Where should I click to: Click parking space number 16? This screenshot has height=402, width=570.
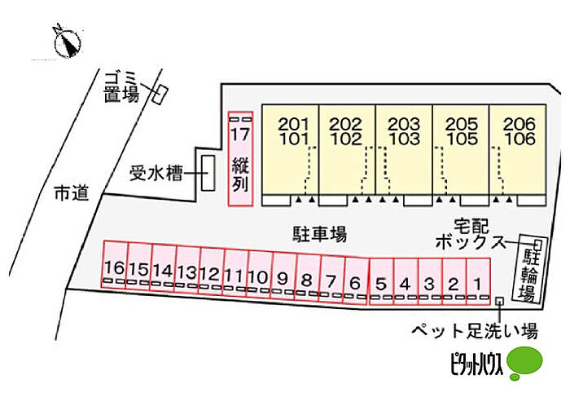coord(114,265)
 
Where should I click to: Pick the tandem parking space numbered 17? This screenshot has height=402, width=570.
coord(240,157)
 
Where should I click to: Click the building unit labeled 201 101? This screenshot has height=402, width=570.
coord(289,151)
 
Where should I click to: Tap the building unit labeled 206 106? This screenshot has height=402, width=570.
coord(519,151)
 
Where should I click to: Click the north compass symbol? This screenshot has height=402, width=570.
coord(65,40)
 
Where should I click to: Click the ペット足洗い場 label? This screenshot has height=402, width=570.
coord(473,331)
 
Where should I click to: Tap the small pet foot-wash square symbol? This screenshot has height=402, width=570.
coord(499,302)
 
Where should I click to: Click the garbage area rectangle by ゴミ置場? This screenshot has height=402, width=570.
coord(160,94)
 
